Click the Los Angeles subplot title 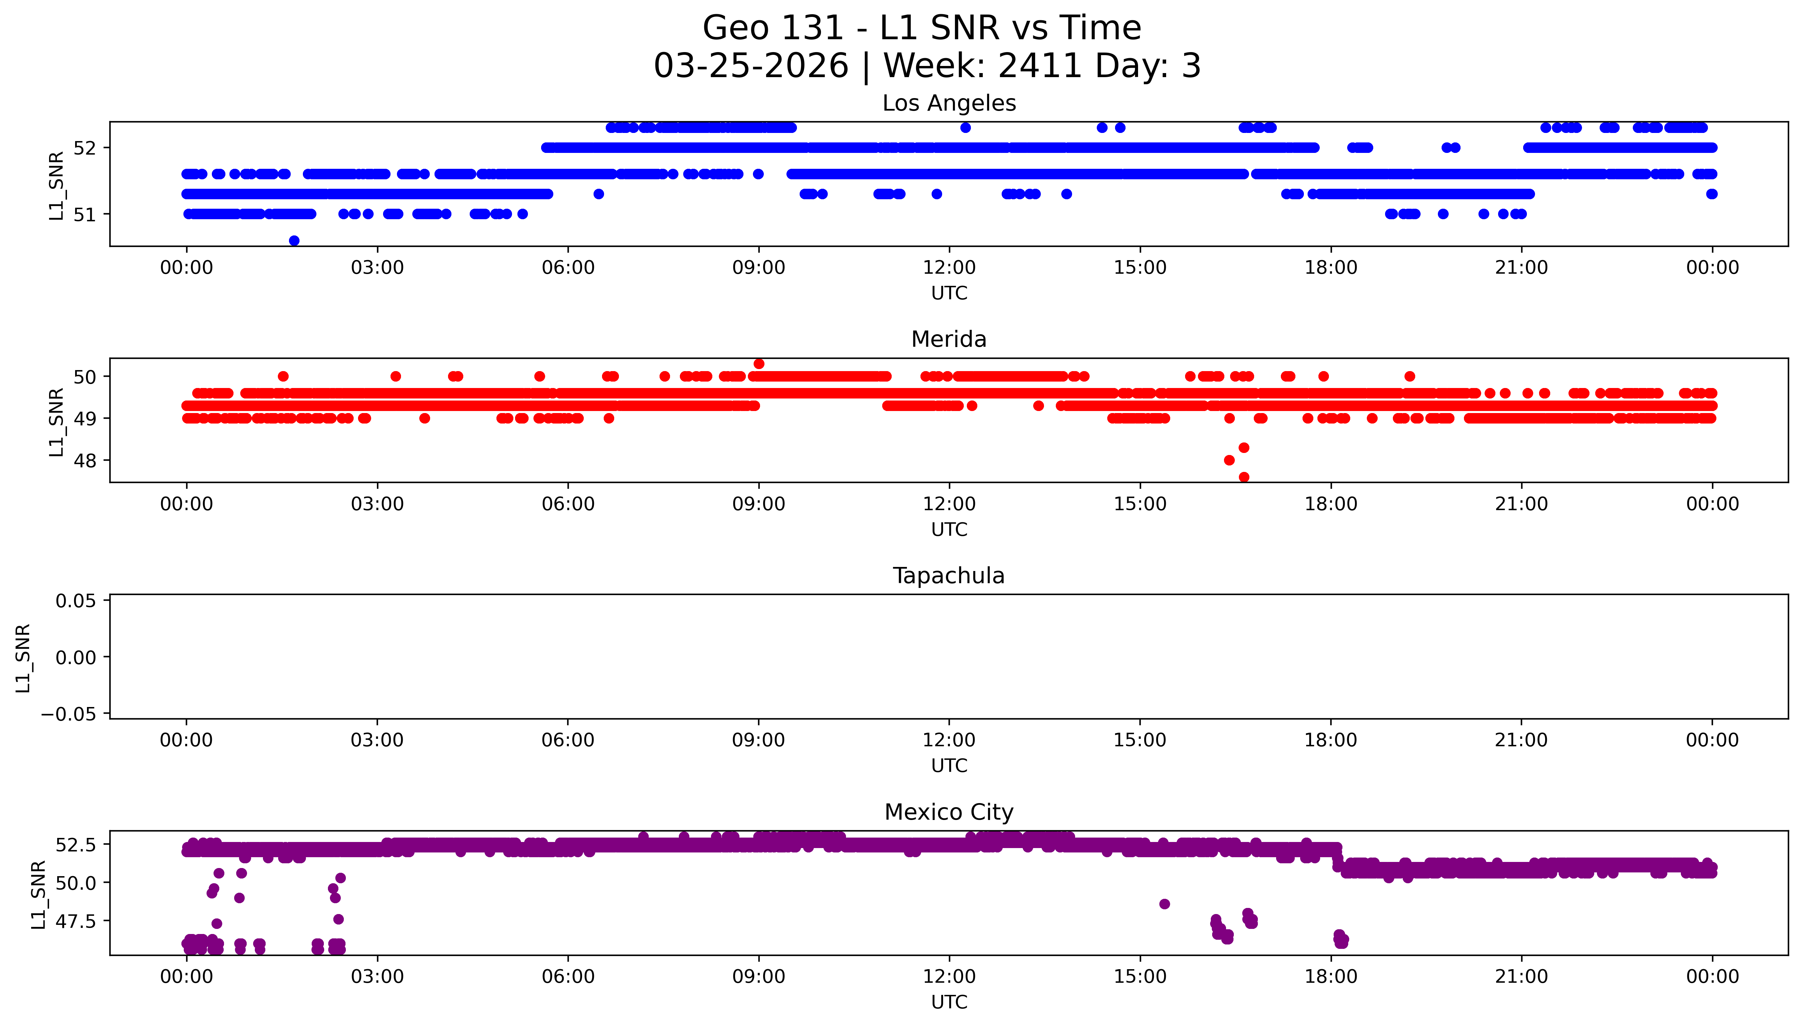click(x=949, y=104)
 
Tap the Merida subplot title click(x=949, y=340)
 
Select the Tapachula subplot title click(x=949, y=576)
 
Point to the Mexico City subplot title click(x=949, y=813)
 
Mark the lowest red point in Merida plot click(x=1244, y=477)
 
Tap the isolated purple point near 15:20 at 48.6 click(x=1164, y=904)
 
